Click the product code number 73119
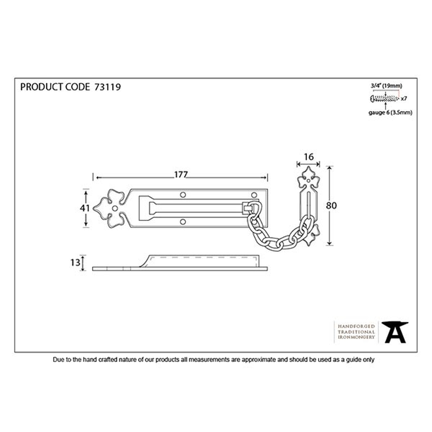pos(108,87)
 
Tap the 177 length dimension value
pos(181,175)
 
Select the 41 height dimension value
pos(85,208)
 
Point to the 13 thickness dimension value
pos(75,263)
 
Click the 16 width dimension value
pos(308,157)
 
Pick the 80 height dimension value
pos(331,206)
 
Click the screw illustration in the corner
pos(384,98)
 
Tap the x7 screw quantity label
pos(403,98)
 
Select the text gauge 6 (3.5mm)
pos(391,112)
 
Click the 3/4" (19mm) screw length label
pos(386,86)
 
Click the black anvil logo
pos(395,332)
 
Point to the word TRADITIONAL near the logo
pos(356,332)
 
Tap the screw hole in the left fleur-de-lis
pos(115,208)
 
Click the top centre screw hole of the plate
pos(183,195)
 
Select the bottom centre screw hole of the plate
pos(183,222)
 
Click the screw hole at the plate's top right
pos(254,195)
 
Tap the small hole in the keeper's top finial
pos(308,181)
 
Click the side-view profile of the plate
pos(180,263)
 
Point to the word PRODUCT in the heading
pos(41,87)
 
